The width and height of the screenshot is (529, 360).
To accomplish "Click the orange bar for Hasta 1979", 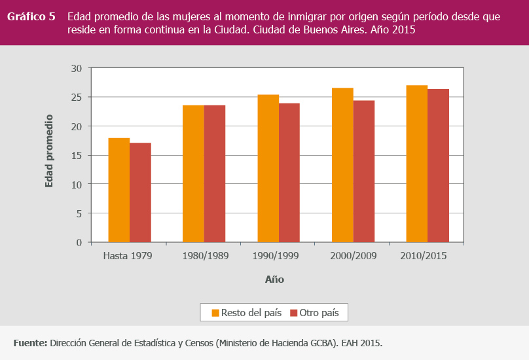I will pos(119,190).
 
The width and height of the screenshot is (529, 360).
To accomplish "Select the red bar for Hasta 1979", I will pos(140,192).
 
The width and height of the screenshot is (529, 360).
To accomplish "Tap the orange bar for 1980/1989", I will pos(193,173).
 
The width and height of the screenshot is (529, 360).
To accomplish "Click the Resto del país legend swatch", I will pos(215,313).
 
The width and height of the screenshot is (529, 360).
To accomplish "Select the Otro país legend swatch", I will pos(293,313).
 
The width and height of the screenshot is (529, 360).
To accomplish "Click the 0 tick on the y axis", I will pos(79,242).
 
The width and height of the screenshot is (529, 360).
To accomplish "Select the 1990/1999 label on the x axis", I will pos(275,256).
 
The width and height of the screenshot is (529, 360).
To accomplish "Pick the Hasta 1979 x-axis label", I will pos(128,256).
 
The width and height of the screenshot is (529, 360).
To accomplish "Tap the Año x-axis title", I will pos(274,279).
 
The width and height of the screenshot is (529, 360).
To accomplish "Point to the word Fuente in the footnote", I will pos(30,342).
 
